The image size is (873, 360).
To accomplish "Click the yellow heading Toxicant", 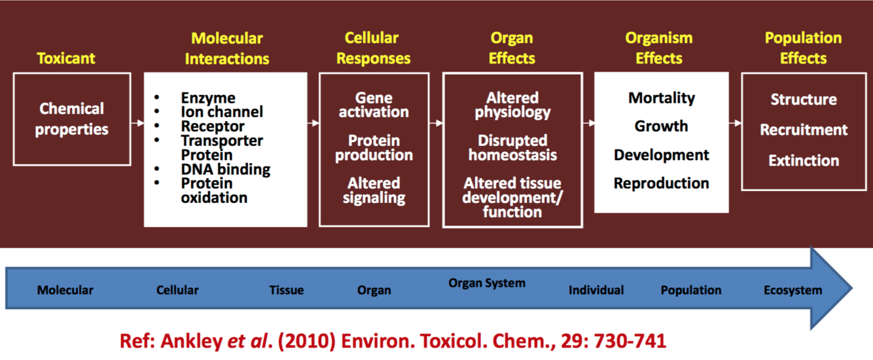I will tap(65, 58).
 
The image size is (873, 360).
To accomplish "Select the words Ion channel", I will tap(222, 112).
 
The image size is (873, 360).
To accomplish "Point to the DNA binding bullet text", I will tap(225, 169).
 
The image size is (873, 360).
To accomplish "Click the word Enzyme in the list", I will tap(208, 98).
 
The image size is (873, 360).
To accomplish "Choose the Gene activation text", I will tap(374, 105).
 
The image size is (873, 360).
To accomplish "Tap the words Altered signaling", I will tap(374, 190).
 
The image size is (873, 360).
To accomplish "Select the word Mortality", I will tap(661, 98).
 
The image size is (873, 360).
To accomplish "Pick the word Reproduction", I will tap(661, 183).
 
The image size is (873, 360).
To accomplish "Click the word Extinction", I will tap(804, 160).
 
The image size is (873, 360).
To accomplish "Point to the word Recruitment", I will tap(804, 130).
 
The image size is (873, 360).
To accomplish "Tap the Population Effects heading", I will tap(803, 48).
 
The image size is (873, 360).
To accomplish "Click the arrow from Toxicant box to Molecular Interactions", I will tap(137, 122).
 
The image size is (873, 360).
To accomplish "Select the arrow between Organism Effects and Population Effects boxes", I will tap(735, 122).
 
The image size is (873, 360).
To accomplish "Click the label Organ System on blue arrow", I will tap(487, 283).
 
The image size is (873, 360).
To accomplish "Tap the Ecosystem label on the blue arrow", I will tap(793, 290).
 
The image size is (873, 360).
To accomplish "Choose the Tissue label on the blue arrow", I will tap(286, 290).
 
